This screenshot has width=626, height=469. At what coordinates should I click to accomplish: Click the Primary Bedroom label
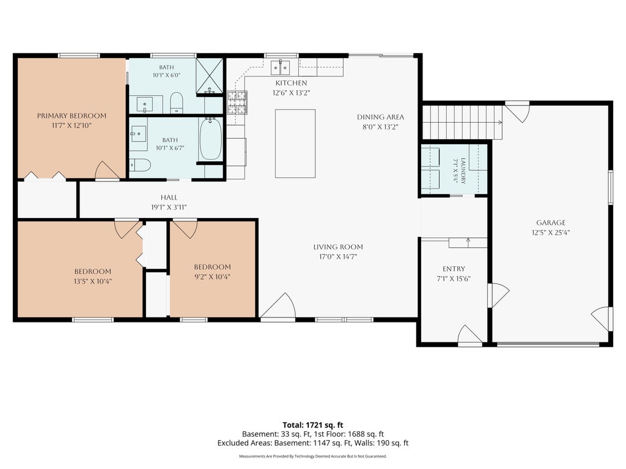pos(72,116)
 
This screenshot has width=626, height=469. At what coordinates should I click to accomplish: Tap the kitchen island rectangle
pos(295,144)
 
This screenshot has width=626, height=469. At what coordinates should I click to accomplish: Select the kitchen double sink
pos(280,67)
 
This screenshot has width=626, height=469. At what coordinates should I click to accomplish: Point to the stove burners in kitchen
pos(237,103)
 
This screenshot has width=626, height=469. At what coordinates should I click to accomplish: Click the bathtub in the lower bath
pos(210,139)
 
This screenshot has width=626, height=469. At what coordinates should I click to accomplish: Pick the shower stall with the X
pos(209,76)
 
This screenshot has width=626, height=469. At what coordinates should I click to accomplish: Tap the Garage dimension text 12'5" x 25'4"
pos(551,233)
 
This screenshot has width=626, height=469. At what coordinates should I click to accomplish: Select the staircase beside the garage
pos(462,122)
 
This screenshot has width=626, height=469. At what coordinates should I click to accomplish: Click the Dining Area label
pos(380,117)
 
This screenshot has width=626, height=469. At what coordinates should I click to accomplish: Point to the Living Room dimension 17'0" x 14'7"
pos(337,256)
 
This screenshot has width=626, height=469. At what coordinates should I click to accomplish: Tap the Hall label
pos(169,197)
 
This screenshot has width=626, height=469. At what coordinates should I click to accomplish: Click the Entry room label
pos(454,269)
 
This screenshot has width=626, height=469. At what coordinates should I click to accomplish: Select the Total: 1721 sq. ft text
pos(313,425)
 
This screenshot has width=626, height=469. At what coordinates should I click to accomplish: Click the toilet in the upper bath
pos(177,103)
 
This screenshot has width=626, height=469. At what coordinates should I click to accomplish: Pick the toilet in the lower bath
pos(140,164)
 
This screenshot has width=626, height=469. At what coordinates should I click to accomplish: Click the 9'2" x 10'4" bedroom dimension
pos(212,277)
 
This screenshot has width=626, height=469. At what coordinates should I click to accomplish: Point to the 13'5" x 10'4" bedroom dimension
pos(93,281)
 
